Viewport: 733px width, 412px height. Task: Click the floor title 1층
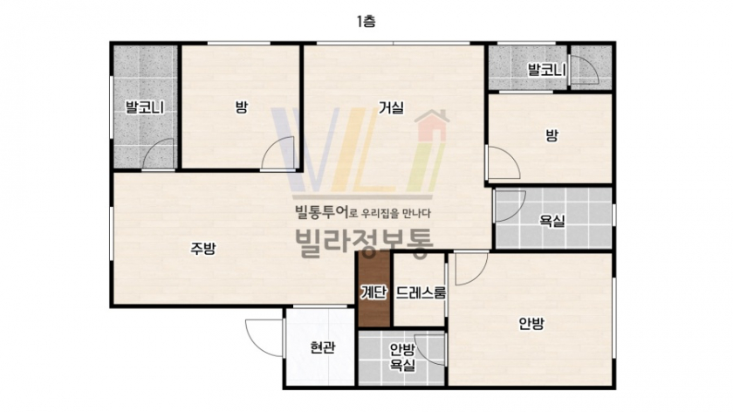[366, 22]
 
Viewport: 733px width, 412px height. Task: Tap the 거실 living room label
[391, 108]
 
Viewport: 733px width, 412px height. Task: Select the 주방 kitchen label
[202, 248]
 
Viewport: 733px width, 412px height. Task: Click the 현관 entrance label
[323, 347]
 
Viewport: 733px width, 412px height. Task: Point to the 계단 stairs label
[373, 292]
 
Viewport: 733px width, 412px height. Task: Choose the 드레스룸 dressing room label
[421, 292]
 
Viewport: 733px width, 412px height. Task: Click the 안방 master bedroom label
[531, 324]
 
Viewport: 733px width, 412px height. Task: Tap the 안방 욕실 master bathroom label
[402, 357]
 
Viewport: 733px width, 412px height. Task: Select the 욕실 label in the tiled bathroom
[552, 221]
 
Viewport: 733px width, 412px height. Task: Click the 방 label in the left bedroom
[241, 108]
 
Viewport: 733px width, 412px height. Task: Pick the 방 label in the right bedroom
[551, 135]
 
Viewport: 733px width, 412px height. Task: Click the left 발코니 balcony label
[145, 107]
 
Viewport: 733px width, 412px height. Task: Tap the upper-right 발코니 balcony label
[546, 70]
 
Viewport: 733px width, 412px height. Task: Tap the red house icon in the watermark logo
[431, 126]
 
